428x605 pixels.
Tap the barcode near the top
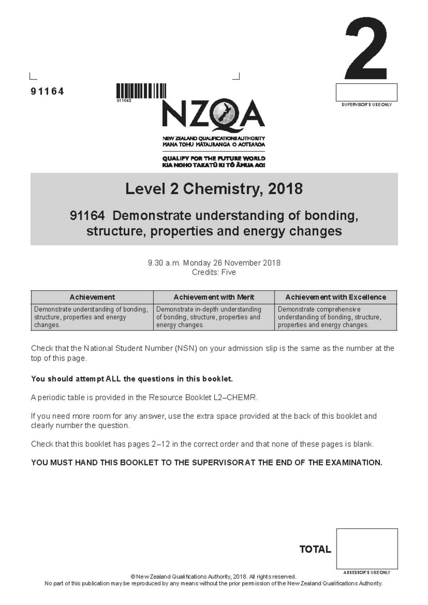pyautogui.click(x=141, y=91)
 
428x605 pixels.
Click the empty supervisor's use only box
pyautogui.click(x=366, y=92)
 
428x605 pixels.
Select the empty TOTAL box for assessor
pyautogui.click(x=367, y=549)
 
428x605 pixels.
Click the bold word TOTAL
pyautogui.click(x=315, y=549)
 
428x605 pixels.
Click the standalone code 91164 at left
pyautogui.click(x=47, y=92)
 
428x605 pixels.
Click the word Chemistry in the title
pyautogui.click(x=223, y=189)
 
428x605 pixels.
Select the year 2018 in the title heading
pyautogui.click(x=285, y=189)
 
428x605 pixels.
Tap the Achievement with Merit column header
pyautogui.click(x=214, y=297)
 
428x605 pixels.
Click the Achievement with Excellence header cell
pyautogui.click(x=336, y=297)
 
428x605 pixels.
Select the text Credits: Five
pyautogui.click(x=214, y=272)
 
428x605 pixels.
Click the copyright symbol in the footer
pyautogui.click(x=133, y=577)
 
